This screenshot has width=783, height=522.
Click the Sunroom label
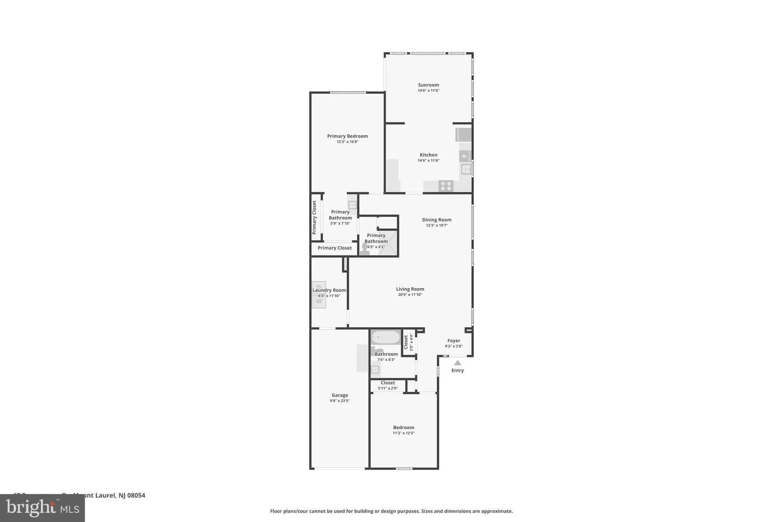tap(428, 85)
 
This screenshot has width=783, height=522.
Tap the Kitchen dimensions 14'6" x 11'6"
tap(428, 161)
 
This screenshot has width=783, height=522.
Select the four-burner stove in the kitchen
tap(446, 186)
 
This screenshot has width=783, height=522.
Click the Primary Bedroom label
tap(347, 136)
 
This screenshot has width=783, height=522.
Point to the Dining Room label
tap(437, 220)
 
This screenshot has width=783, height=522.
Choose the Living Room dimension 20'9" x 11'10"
tap(410, 295)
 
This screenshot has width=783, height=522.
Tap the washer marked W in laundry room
tap(319, 302)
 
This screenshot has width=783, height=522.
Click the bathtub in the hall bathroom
tap(386, 337)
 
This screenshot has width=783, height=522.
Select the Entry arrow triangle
tap(457, 363)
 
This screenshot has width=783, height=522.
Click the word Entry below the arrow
tap(457, 370)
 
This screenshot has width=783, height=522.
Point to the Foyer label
tap(454, 341)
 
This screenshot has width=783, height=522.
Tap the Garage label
tap(339, 395)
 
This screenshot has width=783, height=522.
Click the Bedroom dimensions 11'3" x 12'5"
tap(404, 433)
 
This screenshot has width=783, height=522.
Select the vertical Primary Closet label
tap(314, 217)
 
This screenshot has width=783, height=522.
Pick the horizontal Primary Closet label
tap(334, 248)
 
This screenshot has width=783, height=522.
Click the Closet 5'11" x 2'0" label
tap(388, 383)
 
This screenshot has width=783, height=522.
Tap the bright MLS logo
tap(42, 508)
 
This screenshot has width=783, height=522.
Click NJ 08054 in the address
tap(132, 495)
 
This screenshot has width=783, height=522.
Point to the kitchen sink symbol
tap(466, 170)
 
